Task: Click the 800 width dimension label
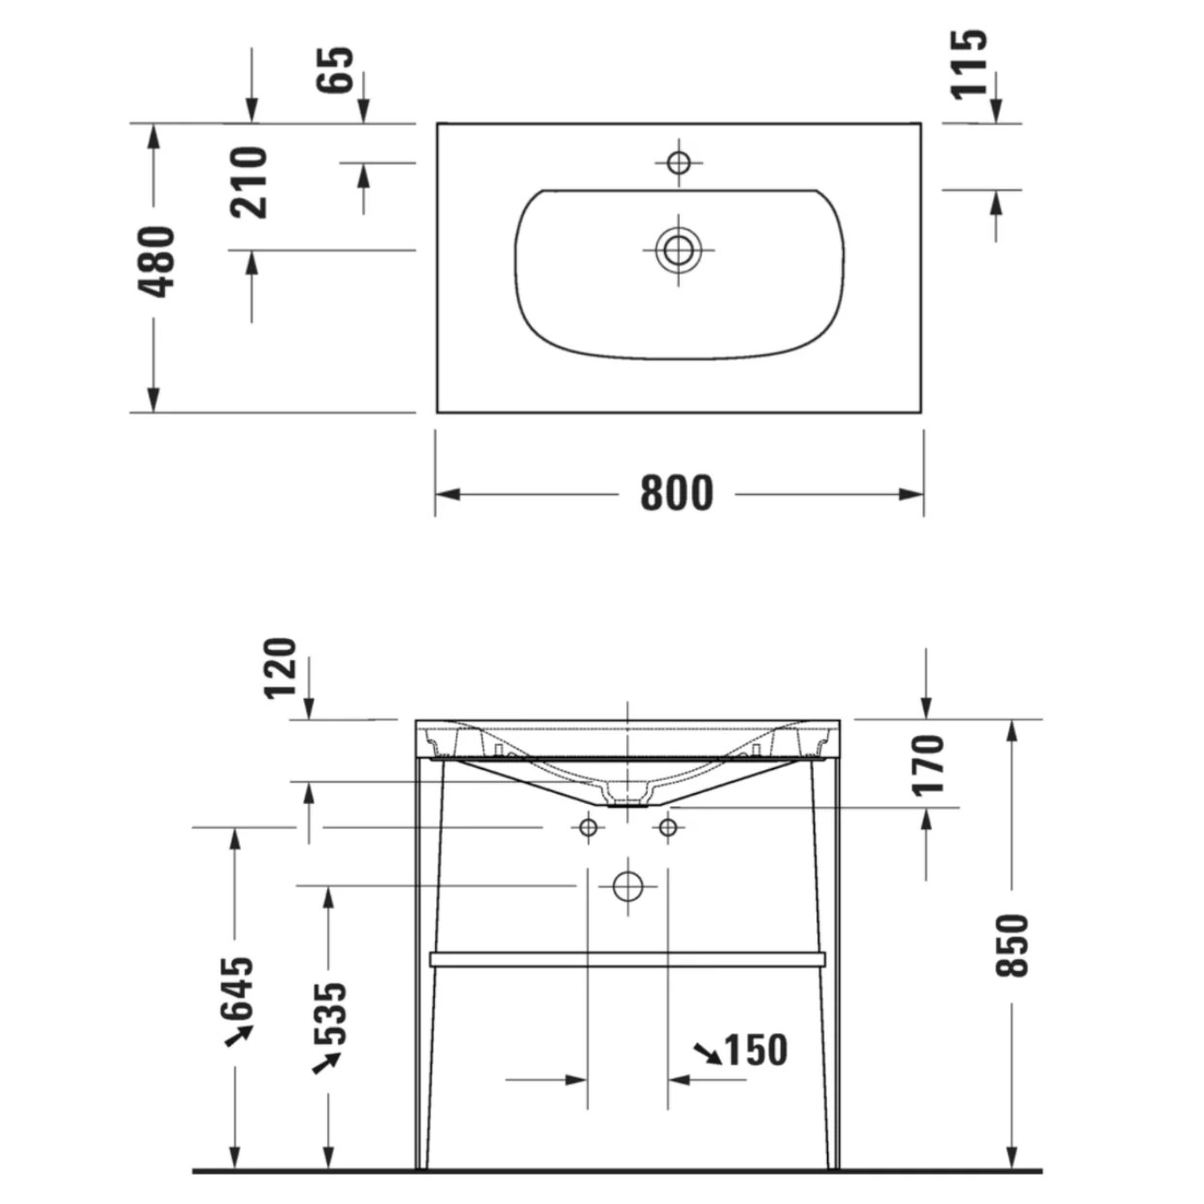click(x=677, y=494)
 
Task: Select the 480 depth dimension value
click(x=155, y=262)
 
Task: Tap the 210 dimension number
click(x=248, y=183)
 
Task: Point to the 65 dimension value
click(x=335, y=69)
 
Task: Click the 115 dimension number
click(x=969, y=64)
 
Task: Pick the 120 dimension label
click(x=280, y=668)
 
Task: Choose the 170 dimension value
click(x=927, y=766)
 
